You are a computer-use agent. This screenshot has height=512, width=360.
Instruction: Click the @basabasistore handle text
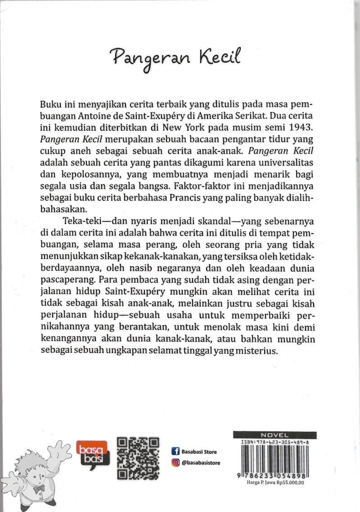(x=201, y=463)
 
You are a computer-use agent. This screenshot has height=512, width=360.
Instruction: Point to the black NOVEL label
(x=274, y=435)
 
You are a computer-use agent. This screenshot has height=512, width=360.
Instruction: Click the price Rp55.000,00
(x=291, y=481)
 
